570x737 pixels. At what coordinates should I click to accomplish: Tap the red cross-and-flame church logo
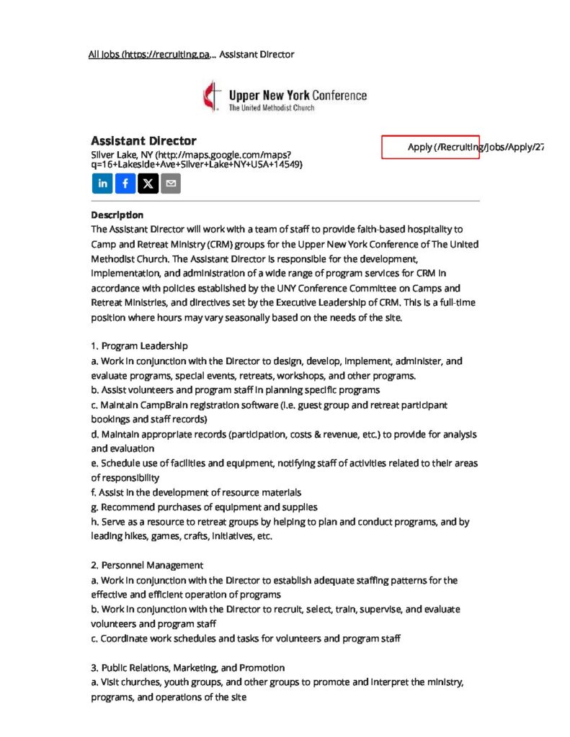pyautogui.click(x=210, y=97)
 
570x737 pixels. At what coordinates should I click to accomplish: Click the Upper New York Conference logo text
pyautogui.click(x=297, y=95)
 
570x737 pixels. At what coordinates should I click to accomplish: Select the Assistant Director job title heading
pyautogui.click(x=143, y=140)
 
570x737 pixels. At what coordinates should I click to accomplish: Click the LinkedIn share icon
pyautogui.click(x=102, y=184)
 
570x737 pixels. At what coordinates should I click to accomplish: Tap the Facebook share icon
pyautogui.click(x=125, y=184)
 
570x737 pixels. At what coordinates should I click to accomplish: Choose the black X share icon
pyautogui.click(x=148, y=184)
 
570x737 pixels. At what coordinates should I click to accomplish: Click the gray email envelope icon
pyautogui.click(x=171, y=184)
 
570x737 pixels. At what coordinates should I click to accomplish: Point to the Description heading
pyautogui.click(x=117, y=214)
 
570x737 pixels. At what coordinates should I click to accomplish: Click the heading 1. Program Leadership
pyautogui.click(x=139, y=346)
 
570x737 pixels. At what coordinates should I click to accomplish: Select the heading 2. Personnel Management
pyautogui.click(x=147, y=565)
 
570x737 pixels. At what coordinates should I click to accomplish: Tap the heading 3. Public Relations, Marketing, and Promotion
pyautogui.click(x=187, y=667)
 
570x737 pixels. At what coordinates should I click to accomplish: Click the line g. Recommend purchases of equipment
pyautogui.click(x=204, y=507)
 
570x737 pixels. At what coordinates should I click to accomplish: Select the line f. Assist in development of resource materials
pyautogui.click(x=196, y=492)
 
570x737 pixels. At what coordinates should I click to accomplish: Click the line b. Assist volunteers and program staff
pyautogui.click(x=235, y=390)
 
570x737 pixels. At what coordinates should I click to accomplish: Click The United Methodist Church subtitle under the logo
pyautogui.click(x=271, y=108)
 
